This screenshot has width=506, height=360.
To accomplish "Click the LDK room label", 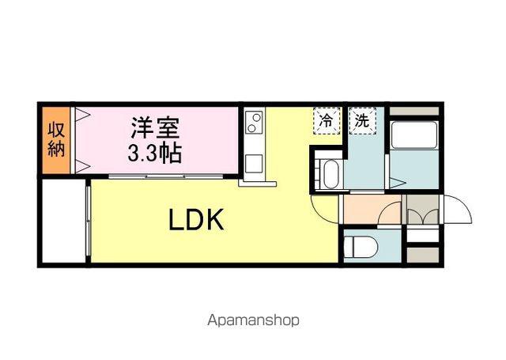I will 197,220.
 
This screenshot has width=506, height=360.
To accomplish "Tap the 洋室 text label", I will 155,127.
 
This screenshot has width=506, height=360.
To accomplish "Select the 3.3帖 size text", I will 155,151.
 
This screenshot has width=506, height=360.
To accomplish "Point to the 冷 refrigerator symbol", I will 325,122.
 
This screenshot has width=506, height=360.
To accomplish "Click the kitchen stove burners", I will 255,123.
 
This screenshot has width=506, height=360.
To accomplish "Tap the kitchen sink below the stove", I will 255,164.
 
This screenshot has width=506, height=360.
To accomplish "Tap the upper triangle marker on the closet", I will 81,114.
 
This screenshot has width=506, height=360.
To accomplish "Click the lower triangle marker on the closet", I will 81,165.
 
